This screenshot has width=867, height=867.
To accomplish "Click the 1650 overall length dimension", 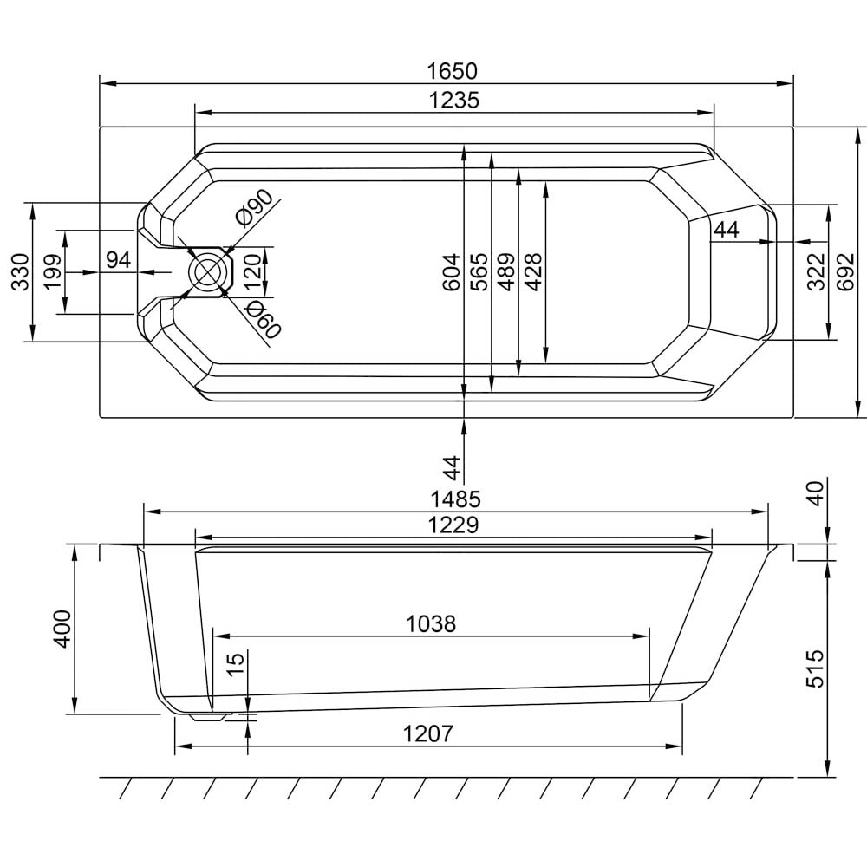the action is pyautogui.click(x=452, y=71).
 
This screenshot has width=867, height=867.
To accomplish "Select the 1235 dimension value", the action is pyautogui.click(x=454, y=101).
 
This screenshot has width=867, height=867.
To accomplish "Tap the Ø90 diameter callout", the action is pyautogui.click(x=254, y=207).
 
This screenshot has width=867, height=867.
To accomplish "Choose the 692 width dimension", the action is pyautogui.click(x=846, y=272).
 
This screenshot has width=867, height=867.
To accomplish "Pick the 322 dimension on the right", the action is pyautogui.click(x=817, y=271).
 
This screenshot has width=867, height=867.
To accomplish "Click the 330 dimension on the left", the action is pyautogui.click(x=21, y=272).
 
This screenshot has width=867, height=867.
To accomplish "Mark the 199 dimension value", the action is pyautogui.click(x=53, y=272).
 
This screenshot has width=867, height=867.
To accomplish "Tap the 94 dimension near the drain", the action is pyautogui.click(x=118, y=259).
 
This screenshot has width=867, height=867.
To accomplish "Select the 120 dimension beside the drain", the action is pyautogui.click(x=251, y=272).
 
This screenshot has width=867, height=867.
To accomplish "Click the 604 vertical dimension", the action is pyautogui.click(x=452, y=272).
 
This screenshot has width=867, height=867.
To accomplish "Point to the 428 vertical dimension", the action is pyautogui.click(x=533, y=272).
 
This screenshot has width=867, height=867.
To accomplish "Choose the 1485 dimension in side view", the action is pyautogui.click(x=456, y=499).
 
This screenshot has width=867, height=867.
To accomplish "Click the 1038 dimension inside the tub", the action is pyautogui.click(x=431, y=624).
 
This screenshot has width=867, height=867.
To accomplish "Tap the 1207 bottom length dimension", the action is pyautogui.click(x=428, y=733).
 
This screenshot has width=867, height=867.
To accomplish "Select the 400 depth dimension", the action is pyautogui.click(x=62, y=629).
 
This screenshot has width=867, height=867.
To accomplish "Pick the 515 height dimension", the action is pyautogui.click(x=814, y=668).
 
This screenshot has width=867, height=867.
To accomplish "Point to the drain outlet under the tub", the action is pyautogui.click(x=208, y=717).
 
